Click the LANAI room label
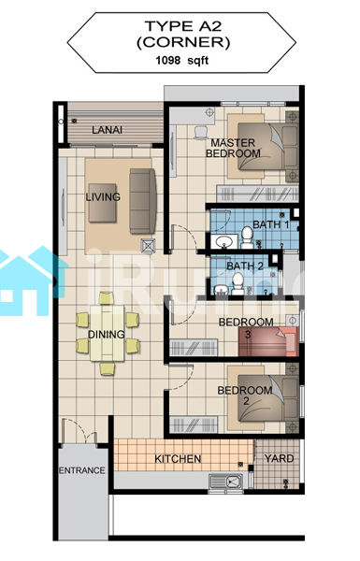107,130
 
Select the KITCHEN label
178,459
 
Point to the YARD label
280,458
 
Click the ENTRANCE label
82,470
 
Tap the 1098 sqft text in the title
181,60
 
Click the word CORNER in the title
183,43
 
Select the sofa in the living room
143,201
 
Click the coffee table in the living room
102,203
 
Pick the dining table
107,333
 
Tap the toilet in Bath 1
247,237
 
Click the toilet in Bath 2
238,283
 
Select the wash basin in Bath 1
224,241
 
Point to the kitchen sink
225,482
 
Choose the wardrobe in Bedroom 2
194,424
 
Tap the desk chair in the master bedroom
200,133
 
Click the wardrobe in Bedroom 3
194,348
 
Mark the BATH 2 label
245,266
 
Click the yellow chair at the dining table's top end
107,298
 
